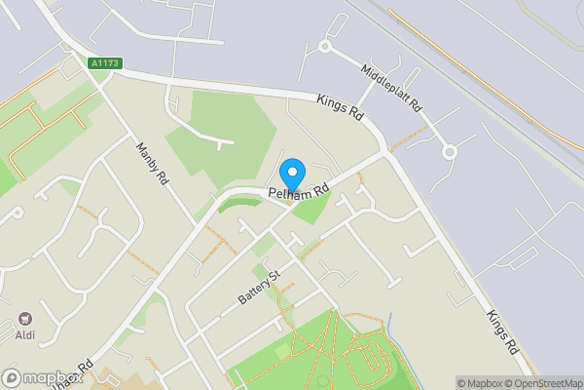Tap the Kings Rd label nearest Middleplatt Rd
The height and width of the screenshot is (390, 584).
(340, 107)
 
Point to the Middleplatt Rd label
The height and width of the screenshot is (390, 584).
(390, 87)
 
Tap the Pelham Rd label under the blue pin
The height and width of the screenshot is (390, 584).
(299, 192)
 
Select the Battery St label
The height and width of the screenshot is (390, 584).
(259, 287)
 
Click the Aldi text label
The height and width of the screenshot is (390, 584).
(24, 335)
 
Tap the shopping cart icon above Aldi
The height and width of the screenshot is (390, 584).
(24, 319)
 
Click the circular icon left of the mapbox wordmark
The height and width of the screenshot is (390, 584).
(12, 377)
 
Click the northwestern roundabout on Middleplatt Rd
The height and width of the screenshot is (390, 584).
(324, 46)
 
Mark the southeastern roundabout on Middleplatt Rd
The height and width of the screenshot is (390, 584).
(450, 152)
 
